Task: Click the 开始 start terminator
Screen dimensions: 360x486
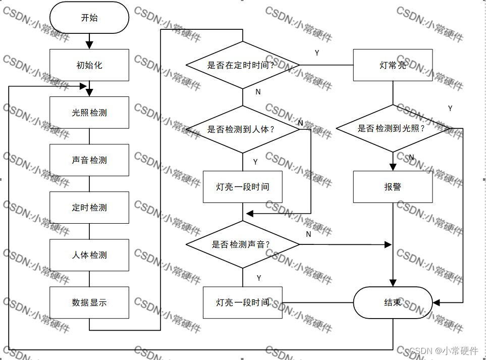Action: (x=89, y=18)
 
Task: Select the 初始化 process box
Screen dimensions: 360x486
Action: (x=89, y=65)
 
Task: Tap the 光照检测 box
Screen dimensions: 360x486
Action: (x=89, y=113)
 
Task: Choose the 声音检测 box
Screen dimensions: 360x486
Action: (x=89, y=160)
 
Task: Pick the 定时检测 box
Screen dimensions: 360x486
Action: (x=89, y=208)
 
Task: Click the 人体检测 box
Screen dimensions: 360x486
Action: (x=89, y=255)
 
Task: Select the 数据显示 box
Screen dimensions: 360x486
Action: (x=89, y=302)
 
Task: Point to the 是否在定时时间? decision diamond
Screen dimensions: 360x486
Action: (x=243, y=65)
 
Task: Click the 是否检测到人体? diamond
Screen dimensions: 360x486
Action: (x=243, y=129)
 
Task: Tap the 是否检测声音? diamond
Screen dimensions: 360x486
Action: (x=243, y=245)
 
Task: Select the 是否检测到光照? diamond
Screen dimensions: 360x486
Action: (x=393, y=128)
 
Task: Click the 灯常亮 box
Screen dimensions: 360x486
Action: (x=393, y=65)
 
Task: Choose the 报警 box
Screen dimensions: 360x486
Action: (x=393, y=187)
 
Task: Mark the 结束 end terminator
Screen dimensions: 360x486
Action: (x=393, y=302)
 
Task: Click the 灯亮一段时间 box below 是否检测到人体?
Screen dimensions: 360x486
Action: (x=243, y=187)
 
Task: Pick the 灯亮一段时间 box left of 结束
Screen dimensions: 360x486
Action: (x=243, y=302)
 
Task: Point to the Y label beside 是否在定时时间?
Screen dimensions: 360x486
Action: (x=317, y=53)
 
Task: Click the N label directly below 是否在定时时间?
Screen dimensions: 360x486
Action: (x=258, y=92)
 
